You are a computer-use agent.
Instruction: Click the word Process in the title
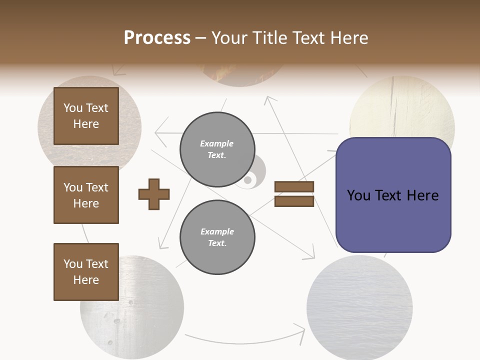click(x=157, y=38)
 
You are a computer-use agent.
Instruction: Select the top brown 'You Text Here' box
click(x=86, y=116)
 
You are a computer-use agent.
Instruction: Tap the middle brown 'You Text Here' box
click(x=86, y=195)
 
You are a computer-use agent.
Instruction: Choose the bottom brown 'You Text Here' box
click(x=86, y=272)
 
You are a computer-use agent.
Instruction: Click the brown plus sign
click(x=154, y=193)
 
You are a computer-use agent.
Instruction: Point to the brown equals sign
click(x=294, y=194)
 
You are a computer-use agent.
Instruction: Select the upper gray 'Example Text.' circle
click(x=217, y=149)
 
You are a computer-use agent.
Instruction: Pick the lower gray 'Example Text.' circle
click(x=217, y=237)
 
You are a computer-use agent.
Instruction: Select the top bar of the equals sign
click(x=294, y=186)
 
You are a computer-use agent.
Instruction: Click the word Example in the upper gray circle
click(x=216, y=143)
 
